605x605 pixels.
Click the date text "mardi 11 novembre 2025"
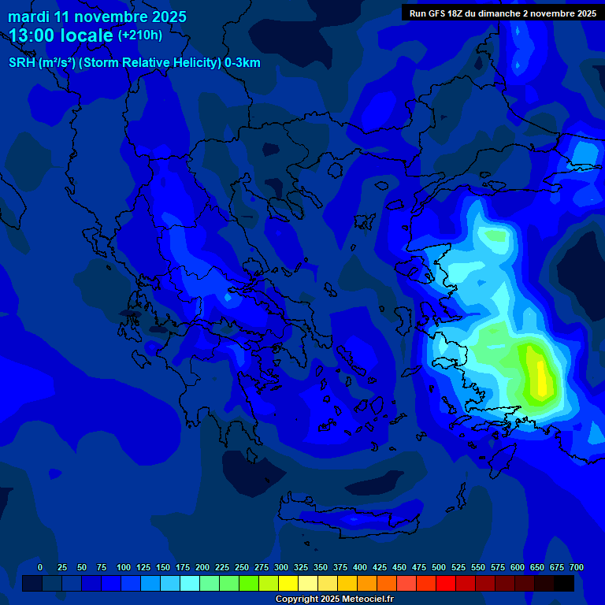[97, 17]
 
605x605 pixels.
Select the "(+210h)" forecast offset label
[139, 35]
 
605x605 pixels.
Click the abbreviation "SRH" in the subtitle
[22, 63]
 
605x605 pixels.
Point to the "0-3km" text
[242, 63]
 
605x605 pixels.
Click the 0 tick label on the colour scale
[40, 567]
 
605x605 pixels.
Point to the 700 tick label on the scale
[577, 567]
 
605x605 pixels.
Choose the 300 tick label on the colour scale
[281, 567]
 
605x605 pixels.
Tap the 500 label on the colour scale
[439, 567]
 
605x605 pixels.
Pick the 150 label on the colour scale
[163, 567]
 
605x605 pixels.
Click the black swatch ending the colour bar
[564, 584]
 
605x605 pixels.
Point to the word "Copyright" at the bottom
[297, 599]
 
